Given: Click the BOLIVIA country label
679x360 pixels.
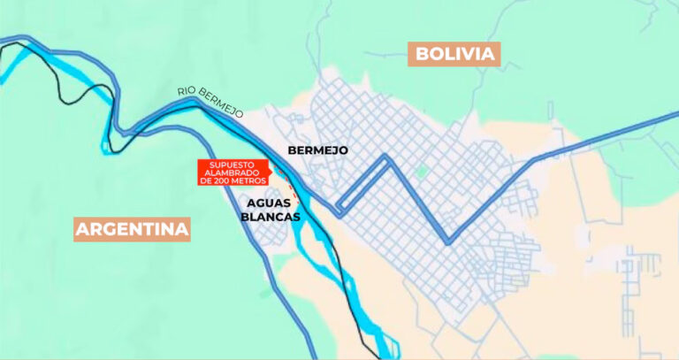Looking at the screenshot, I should coord(454,54).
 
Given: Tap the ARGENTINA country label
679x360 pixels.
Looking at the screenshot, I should coord(133,230).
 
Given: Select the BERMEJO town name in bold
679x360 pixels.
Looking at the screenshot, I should coord(318,150).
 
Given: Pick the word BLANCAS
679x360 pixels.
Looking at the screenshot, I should coord(271,216).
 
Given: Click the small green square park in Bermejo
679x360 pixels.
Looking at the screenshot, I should coord(422,170).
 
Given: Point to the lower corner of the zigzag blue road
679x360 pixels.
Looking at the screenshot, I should coord(447,241).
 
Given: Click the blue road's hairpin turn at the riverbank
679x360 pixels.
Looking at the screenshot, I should coord(339,211).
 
